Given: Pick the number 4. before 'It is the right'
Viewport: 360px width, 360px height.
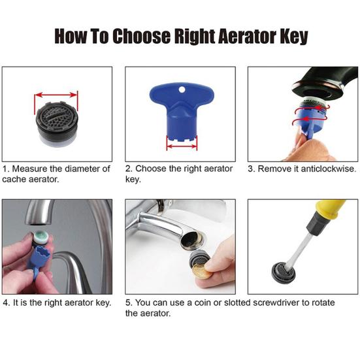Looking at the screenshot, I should point(6,303).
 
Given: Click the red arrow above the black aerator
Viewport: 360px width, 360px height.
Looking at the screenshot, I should point(56,93).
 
